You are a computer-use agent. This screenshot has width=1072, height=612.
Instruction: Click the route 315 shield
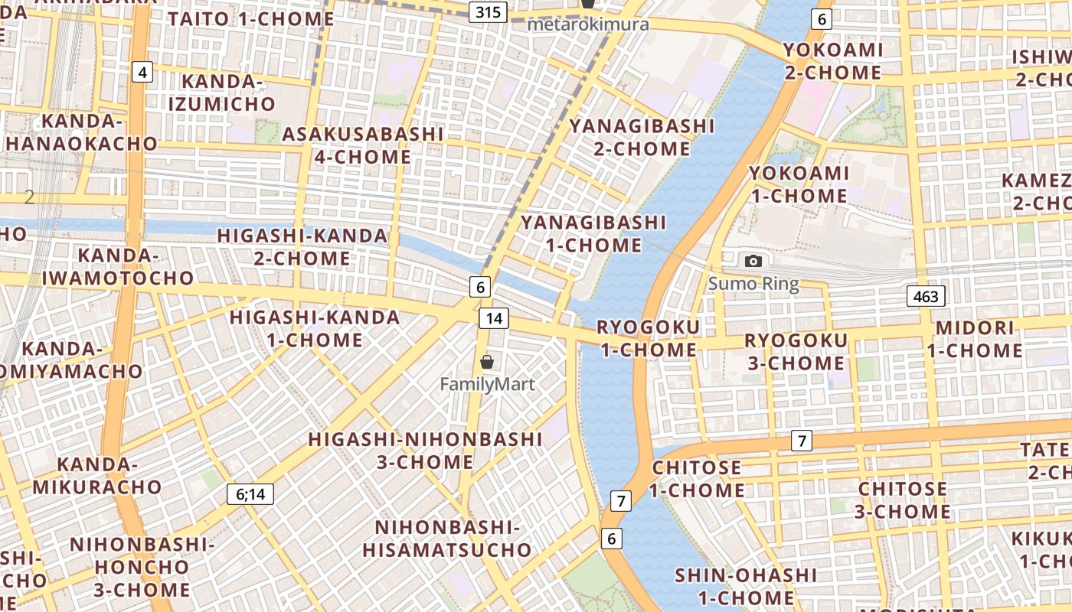pyautogui.click(x=488, y=11)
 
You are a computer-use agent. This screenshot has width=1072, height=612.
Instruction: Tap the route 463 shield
pyautogui.click(x=926, y=296)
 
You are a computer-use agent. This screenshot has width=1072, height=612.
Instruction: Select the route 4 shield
pyautogui.click(x=142, y=73)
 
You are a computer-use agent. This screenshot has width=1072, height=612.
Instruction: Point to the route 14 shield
pyautogui.click(x=495, y=318)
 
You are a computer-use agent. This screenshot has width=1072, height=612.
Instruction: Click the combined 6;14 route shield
pyautogui.click(x=250, y=494)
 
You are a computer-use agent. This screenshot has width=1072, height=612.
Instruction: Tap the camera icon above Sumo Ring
pyautogui.click(x=753, y=262)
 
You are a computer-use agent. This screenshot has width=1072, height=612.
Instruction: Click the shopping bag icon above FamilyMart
pyautogui.click(x=487, y=362)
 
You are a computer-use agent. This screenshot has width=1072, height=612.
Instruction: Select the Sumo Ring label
pyautogui.click(x=753, y=284)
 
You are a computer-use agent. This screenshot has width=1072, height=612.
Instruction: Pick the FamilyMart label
pyautogui.click(x=487, y=384)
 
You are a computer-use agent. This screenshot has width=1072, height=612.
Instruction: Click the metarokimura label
pyautogui.click(x=588, y=24)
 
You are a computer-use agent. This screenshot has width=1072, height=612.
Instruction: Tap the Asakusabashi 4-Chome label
pyautogui.click(x=363, y=145)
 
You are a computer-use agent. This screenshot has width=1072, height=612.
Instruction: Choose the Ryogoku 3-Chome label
pyautogui.click(x=796, y=351)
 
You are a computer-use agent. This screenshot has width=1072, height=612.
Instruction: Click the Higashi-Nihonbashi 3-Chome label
pyautogui.click(x=425, y=451)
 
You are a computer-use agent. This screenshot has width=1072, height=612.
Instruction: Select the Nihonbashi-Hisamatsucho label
pyautogui.click(x=447, y=539)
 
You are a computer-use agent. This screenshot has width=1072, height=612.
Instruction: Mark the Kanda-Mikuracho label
pyautogui.click(x=97, y=475)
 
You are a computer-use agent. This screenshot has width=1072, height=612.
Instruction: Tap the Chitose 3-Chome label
pyautogui.click(x=903, y=500)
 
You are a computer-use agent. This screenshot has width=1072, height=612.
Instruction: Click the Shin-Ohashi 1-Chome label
pyautogui.click(x=734, y=586)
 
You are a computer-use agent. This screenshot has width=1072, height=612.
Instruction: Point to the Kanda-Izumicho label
pyautogui.click(x=222, y=93)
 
